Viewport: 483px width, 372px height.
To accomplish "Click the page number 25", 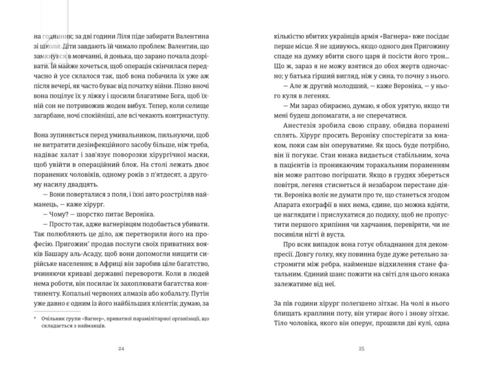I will tap(361, 348).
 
